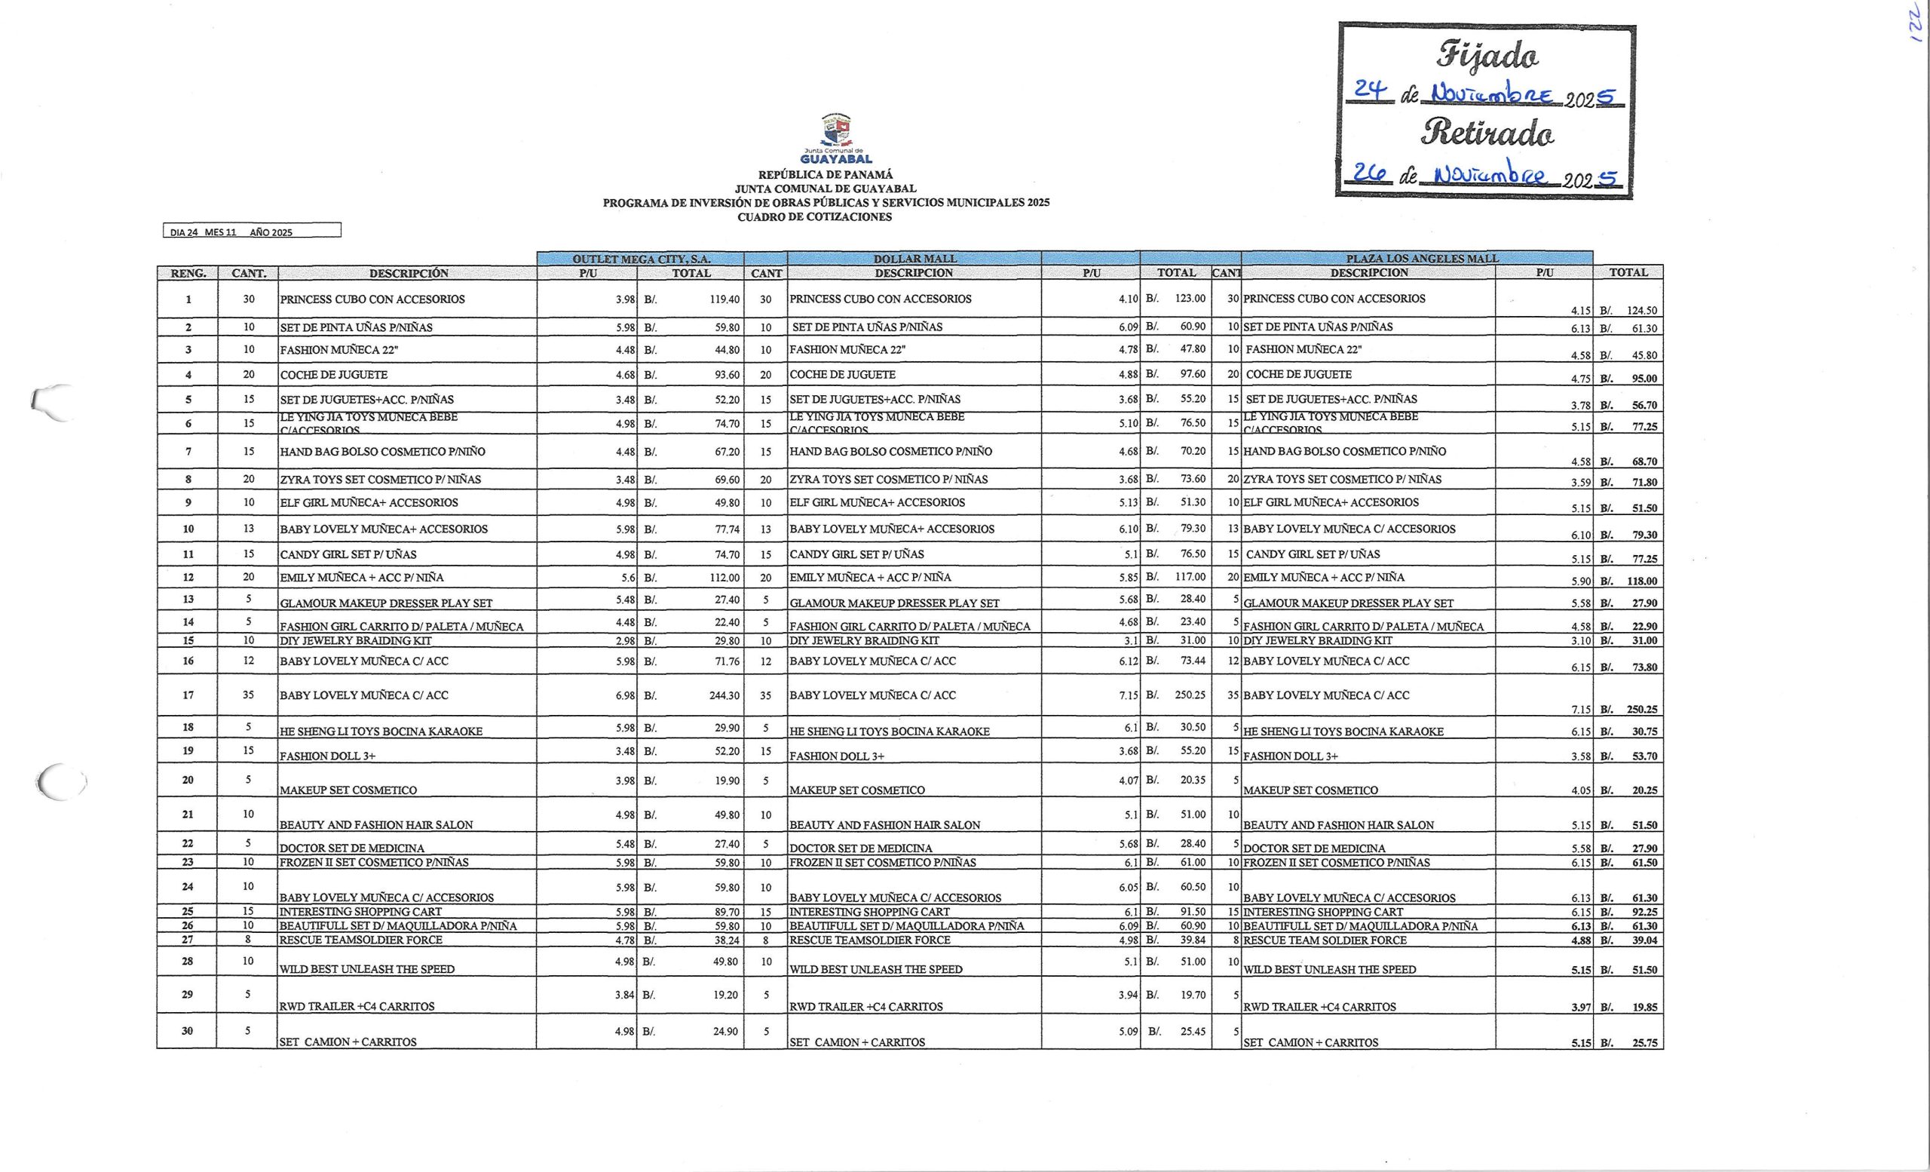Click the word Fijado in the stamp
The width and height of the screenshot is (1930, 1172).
click(1487, 56)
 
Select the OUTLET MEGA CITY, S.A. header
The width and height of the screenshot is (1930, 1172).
click(641, 259)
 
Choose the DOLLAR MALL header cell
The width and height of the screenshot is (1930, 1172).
click(914, 259)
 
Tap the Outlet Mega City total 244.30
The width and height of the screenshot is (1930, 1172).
click(724, 695)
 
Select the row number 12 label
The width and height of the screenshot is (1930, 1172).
click(188, 578)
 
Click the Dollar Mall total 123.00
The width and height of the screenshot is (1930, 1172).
click(1190, 299)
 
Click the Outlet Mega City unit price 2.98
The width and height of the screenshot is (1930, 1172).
click(624, 641)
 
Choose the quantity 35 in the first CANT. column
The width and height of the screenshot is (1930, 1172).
click(248, 695)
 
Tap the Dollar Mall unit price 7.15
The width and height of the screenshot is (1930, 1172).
click(1128, 695)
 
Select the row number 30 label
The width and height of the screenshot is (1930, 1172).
click(188, 1031)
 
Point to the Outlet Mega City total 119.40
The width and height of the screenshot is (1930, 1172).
click(724, 299)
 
